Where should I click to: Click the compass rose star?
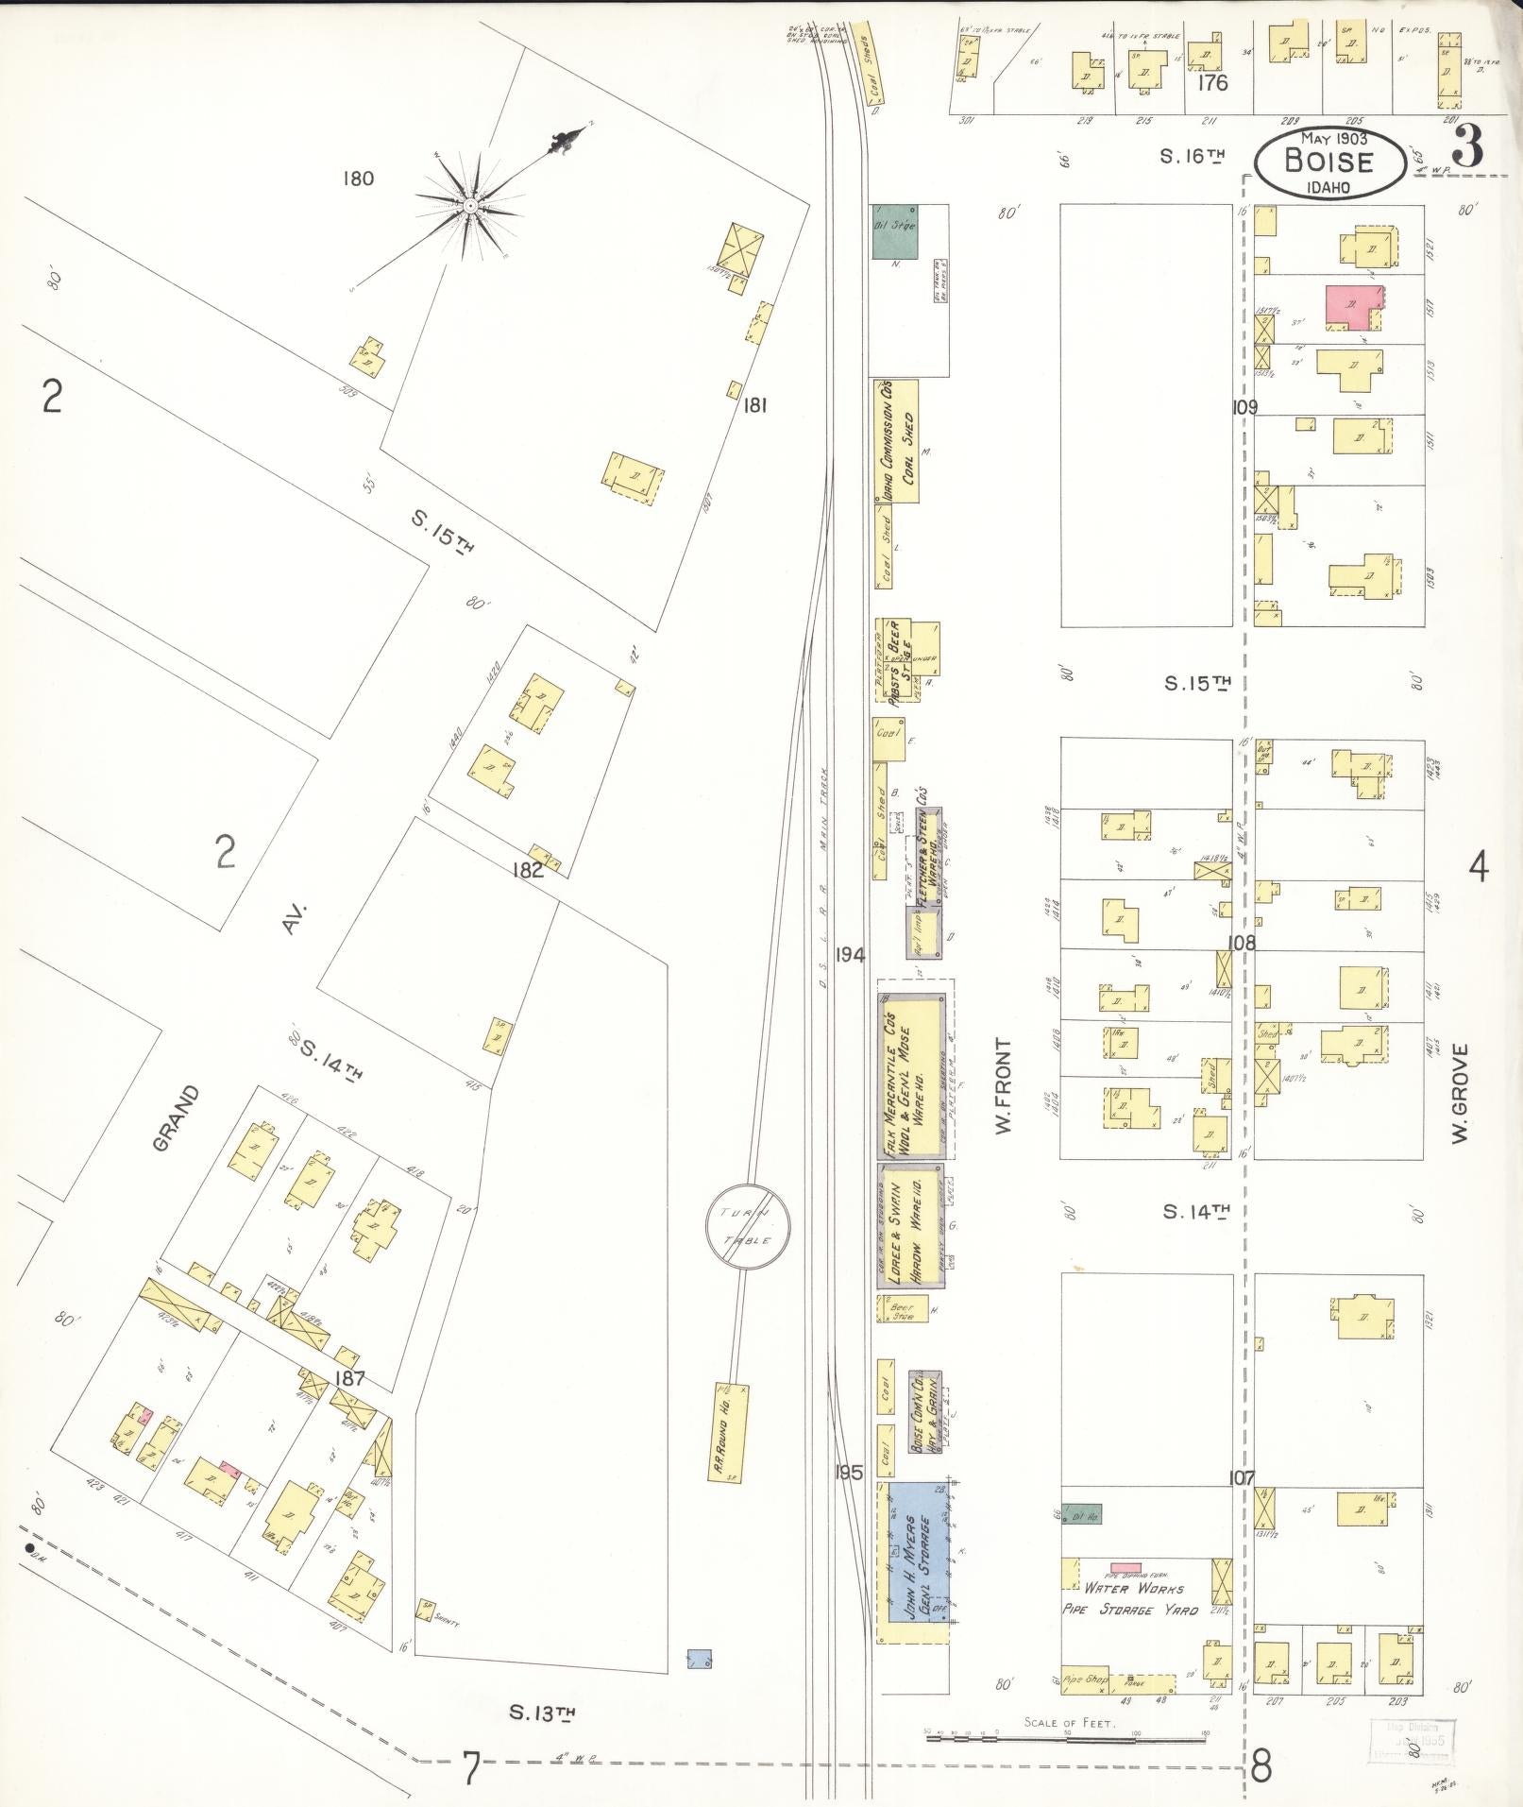[469, 205]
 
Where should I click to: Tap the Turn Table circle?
[748, 1227]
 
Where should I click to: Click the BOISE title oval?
[1328, 162]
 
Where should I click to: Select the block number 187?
[350, 1378]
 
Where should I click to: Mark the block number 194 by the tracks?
[850, 955]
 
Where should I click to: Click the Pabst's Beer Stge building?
[897, 660]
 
